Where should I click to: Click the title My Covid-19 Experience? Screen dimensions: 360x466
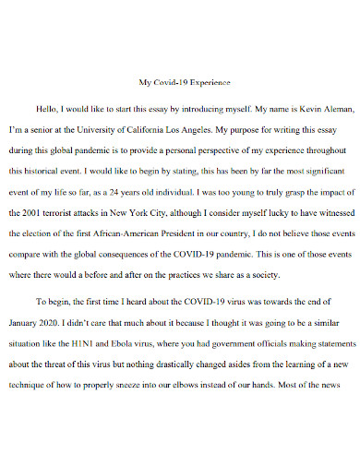(x=180, y=82)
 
